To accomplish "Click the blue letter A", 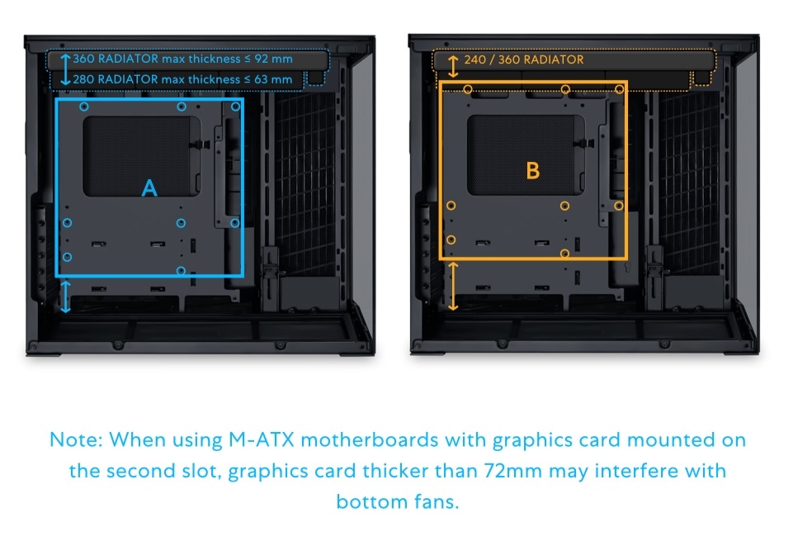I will (x=149, y=188).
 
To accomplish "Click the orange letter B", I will (x=533, y=171).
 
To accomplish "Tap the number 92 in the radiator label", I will (x=262, y=59).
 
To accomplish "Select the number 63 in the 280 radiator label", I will (x=262, y=79).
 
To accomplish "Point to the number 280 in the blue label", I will (x=83, y=79).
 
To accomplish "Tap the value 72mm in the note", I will (x=507, y=471).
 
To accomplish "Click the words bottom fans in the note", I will (x=396, y=501).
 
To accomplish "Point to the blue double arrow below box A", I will (x=66, y=296).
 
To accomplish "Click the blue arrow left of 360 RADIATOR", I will (x=66, y=60).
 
